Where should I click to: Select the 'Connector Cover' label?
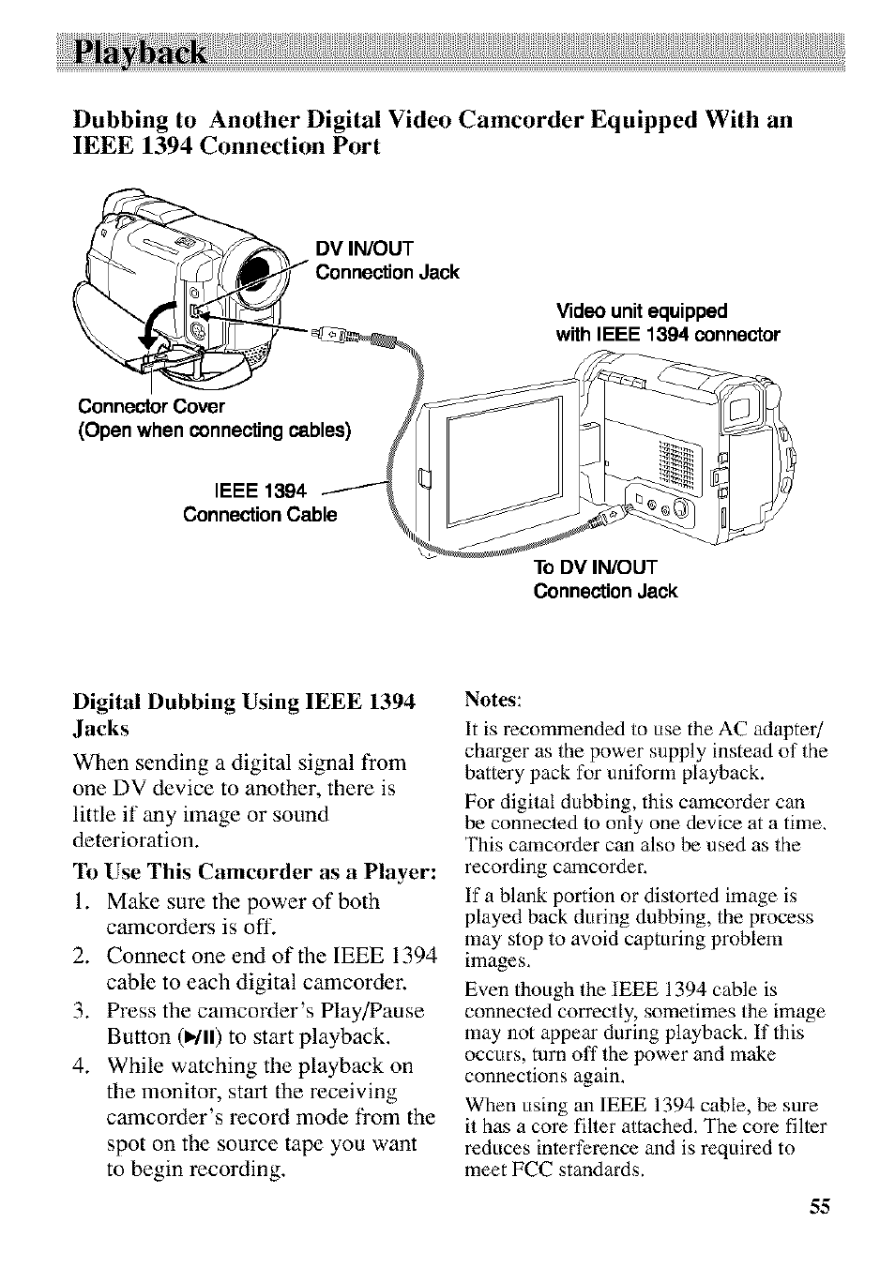tap(151, 406)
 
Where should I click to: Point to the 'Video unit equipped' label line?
tap(641, 310)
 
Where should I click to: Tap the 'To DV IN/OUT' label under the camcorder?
tap(595, 566)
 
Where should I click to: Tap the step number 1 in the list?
tap(81, 901)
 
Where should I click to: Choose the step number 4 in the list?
tap(81, 1066)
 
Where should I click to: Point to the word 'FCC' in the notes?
tap(527, 1170)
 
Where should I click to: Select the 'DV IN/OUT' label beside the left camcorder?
tap(365, 248)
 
